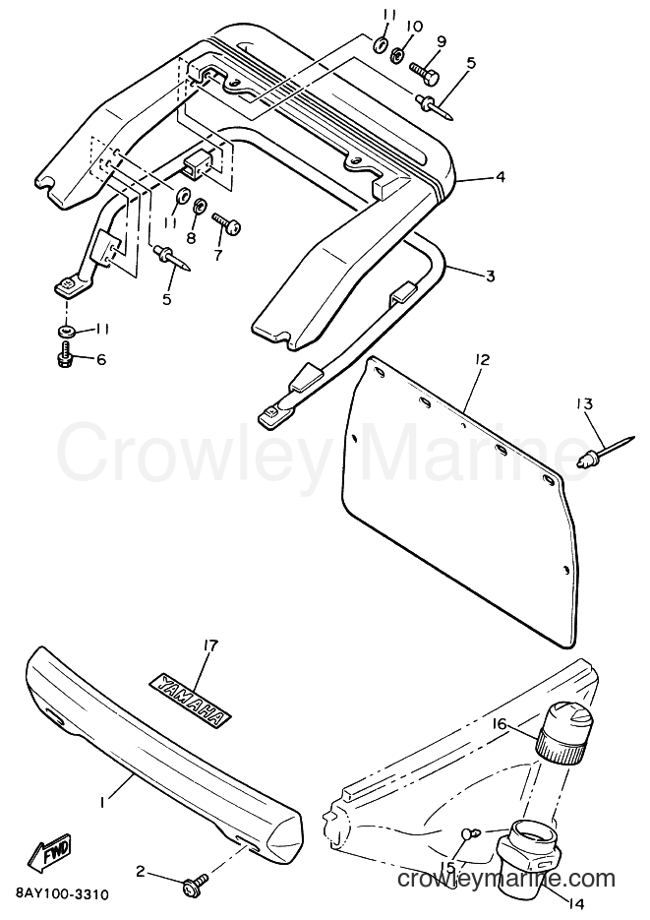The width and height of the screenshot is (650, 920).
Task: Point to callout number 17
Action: pos(209,646)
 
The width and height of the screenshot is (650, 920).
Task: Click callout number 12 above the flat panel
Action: pos(482,360)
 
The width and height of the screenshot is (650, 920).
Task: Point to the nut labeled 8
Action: pos(199,206)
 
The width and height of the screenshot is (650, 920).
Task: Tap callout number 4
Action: pos(500,176)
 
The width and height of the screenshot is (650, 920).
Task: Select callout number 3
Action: pos(490,276)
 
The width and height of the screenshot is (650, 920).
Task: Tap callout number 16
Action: pos(499,724)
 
